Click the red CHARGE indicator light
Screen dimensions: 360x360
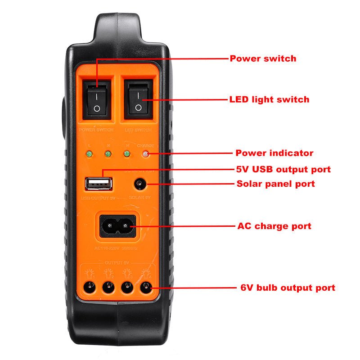[145, 154]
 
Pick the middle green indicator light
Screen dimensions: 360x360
[108, 154]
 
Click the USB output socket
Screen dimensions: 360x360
[98, 184]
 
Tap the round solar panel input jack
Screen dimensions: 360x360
[139, 184]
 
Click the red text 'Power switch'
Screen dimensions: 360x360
[263, 58]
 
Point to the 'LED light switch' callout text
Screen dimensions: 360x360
[269, 99]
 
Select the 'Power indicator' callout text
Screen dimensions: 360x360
[274, 153]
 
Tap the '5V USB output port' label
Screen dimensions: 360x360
[283, 170]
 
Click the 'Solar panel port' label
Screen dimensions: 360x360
[275, 184]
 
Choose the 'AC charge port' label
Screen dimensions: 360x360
[274, 226]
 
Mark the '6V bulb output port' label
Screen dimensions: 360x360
[288, 288]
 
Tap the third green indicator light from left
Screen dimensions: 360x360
[127, 154]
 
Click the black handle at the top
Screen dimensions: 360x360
[118, 27]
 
